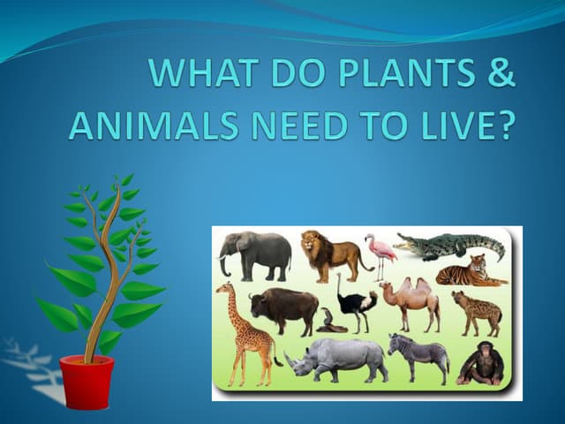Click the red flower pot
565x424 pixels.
(x=87, y=382)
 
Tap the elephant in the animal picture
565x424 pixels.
(x=257, y=254)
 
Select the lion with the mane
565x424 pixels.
(x=332, y=254)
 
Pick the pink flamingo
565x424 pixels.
(x=382, y=254)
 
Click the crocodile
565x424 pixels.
(x=451, y=246)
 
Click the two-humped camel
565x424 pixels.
(x=412, y=301)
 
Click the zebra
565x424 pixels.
(x=419, y=355)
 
